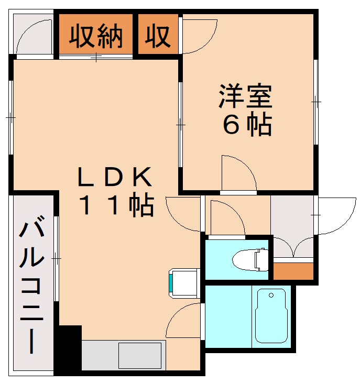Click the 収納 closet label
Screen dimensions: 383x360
pos(97,36)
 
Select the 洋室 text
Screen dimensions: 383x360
pos(245,96)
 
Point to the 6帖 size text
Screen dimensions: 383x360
pos(247,125)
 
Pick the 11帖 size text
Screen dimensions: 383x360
pos(116,206)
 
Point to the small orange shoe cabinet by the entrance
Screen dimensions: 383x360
pos(293,270)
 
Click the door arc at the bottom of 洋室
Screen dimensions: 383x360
pos(238,174)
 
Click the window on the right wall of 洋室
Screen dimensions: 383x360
pos(316,102)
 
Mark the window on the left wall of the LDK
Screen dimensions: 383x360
pos(10,117)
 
